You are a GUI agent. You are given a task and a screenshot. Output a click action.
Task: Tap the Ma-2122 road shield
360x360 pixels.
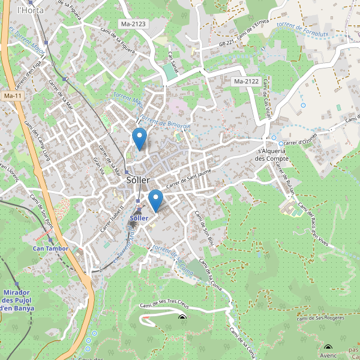coord(246,81)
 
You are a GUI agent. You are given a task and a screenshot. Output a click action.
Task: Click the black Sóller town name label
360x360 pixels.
coord(139,180)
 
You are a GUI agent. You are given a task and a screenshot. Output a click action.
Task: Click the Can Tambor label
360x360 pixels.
coord(50,248)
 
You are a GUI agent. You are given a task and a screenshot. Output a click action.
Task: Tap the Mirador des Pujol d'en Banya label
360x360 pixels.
coord(17,300)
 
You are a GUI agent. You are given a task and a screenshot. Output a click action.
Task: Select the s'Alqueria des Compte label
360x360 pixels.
coord(273,155)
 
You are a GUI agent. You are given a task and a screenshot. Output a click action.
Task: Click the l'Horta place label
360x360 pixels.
coord(28,10)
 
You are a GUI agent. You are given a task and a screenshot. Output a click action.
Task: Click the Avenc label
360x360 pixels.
coord(328,355)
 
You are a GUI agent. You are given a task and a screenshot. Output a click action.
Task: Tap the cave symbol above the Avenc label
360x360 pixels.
coord(328,347)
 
